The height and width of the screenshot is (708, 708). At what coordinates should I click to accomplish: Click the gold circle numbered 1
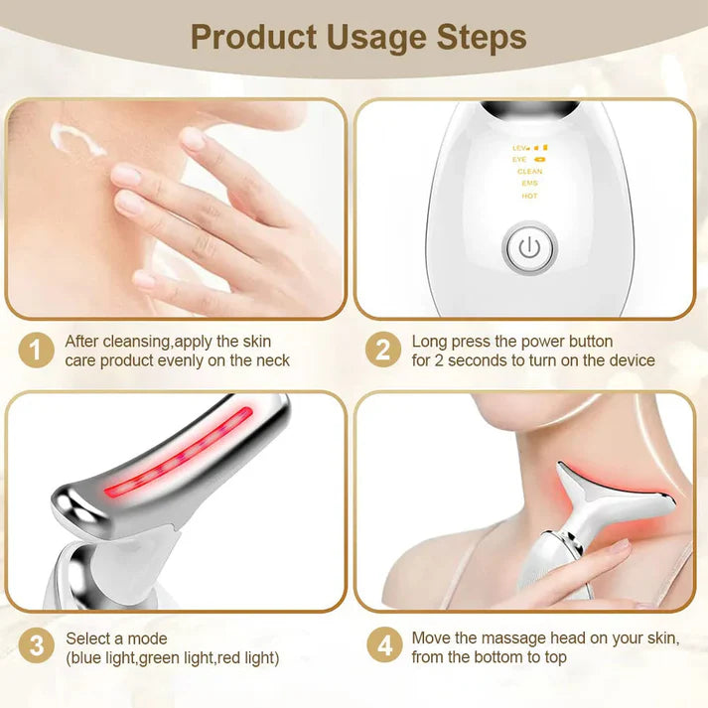coord(36,350)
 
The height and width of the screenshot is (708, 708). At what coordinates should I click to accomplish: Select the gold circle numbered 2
coord(382,350)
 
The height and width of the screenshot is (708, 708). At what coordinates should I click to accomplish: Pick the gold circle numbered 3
coord(36,647)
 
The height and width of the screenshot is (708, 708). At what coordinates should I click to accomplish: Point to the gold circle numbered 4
coord(382,647)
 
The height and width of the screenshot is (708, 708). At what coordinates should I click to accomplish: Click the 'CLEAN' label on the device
coord(529,172)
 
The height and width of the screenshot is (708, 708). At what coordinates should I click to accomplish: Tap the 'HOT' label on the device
coord(529,196)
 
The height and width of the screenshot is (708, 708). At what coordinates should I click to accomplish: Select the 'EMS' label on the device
coord(529,184)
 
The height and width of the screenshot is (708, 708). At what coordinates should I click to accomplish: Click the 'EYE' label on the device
coord(520,159)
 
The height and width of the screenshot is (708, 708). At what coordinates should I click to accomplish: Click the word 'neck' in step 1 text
coord(272,360)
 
